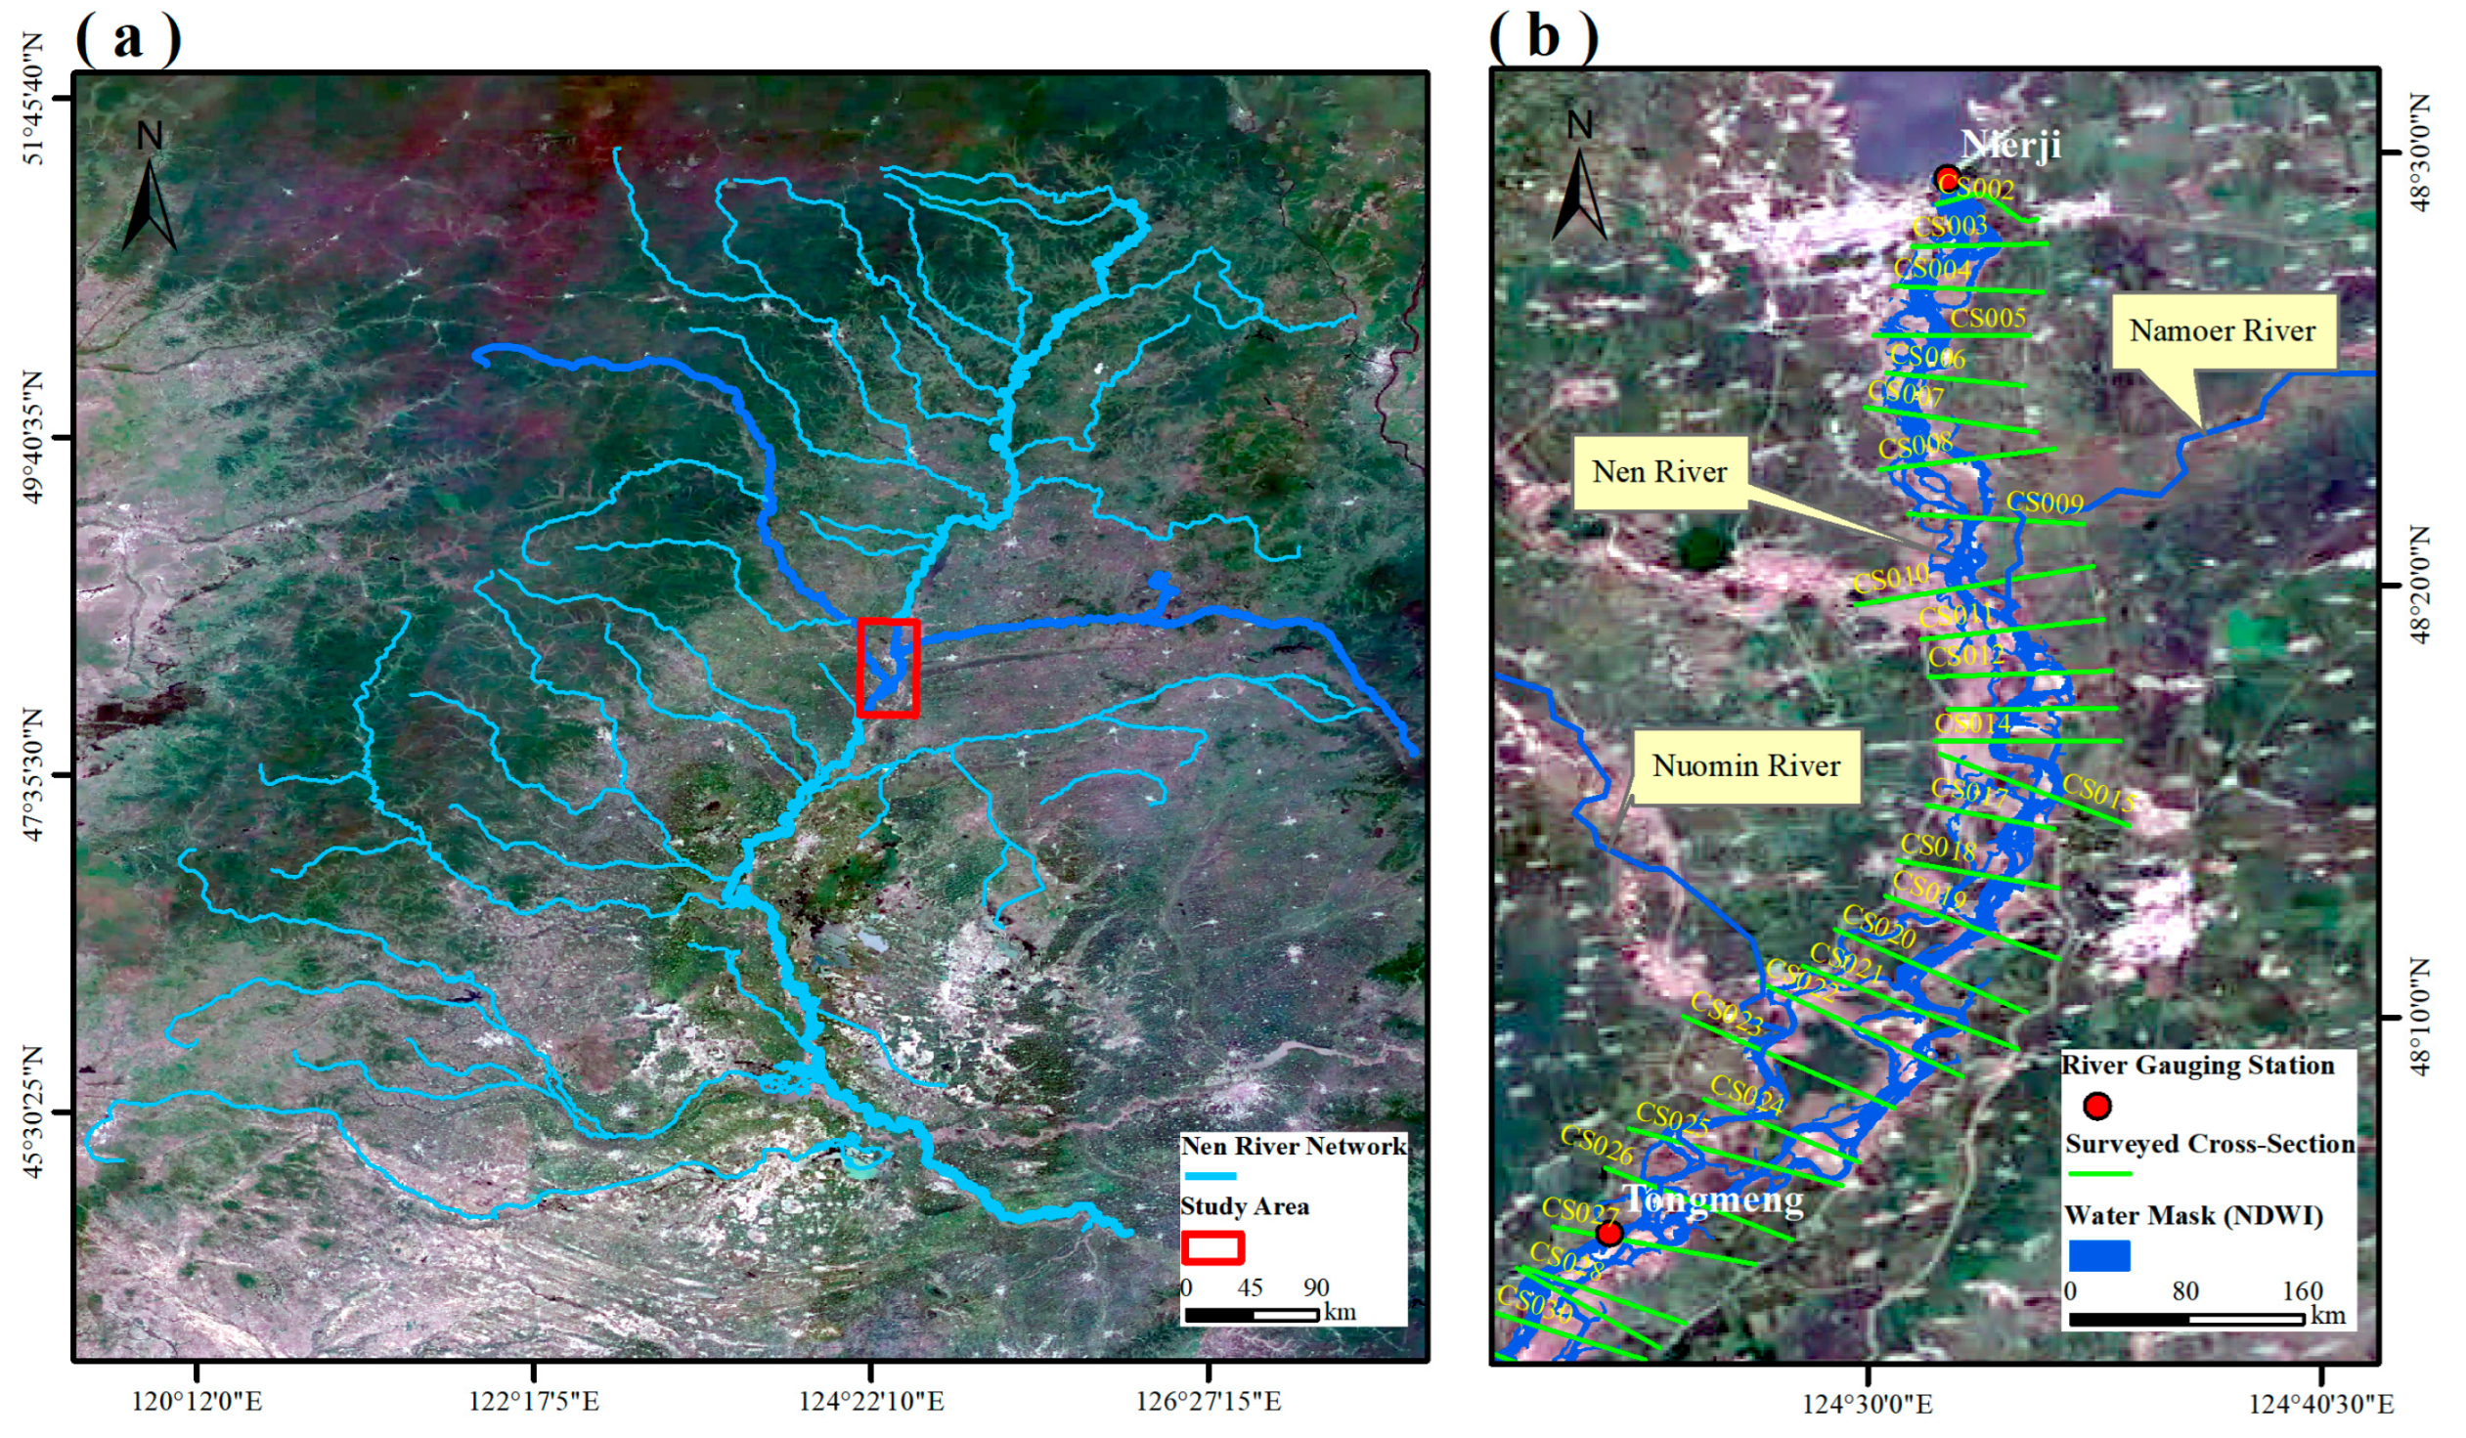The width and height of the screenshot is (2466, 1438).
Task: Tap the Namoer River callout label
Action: (2222, 330)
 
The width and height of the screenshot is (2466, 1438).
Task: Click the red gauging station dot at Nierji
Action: (1947, 179)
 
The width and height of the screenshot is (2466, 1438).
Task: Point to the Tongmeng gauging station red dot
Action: (1608, 1234)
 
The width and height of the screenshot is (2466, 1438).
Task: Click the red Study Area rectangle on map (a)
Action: (888, 668)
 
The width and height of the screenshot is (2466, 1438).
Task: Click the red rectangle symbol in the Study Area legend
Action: (1212, 1247)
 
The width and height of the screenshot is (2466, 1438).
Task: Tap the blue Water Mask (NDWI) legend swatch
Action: (2099, 1255)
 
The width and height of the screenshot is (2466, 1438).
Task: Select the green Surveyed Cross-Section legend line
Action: (2099, 1173)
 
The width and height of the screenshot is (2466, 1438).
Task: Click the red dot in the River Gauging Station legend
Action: (2096, 1107)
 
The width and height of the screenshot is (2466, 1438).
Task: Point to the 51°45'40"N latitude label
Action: (33, 99)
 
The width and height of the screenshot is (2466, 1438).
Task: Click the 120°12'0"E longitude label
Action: (197, 1402)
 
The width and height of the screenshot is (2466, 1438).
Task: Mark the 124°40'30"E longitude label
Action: (2320, 1405)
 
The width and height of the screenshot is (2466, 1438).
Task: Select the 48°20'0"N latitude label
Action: (2419, 585)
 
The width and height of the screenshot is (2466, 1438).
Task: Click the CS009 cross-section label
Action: (2045, 502)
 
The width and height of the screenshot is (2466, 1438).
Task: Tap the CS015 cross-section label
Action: (2098, 794)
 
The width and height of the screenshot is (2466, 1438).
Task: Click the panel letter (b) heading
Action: (1543, 37)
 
